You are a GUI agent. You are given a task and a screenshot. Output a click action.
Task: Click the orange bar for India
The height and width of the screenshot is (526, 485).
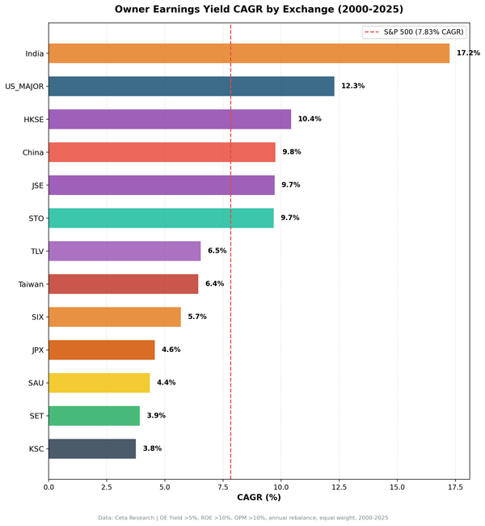pyautogui.click(x=249, y=53)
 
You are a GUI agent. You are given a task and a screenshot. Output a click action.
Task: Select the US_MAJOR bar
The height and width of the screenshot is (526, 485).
pyautogui.click(x=192, y=87)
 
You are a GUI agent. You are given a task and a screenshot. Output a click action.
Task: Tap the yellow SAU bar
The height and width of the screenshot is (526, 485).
pyautogui.click(x=99, y=383)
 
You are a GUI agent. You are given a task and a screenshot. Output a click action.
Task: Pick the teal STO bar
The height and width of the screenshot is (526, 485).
pyautogui.click(x=161, y=218)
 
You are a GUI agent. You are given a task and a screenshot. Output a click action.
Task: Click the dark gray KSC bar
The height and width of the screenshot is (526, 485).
pyautogui.click(x=92, y=448)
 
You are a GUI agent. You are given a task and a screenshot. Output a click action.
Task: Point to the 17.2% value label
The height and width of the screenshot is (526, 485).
pyautogui.click(x=468, y=53)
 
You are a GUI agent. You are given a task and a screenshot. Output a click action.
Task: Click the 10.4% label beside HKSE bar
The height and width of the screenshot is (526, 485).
pyautogui.click(x=310, y=119)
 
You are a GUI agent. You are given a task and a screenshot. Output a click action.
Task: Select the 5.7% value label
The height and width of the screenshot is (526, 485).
pyautogui.click(x=197, y=316)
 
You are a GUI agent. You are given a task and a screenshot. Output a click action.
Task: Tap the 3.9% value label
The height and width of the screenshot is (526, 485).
pyautogui.click(x=156, y=415)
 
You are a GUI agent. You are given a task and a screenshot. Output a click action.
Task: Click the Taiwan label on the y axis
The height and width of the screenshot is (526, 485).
pyautogui.click(x=31, y=284)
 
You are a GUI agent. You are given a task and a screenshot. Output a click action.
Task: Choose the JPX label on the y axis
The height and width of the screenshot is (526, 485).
pyautogui.click(x=36, y=350)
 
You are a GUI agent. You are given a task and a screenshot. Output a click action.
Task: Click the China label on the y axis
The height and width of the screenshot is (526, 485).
pyautogui.click(x=33, y=152)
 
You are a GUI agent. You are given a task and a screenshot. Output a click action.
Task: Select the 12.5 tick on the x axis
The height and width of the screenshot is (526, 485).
pyautogui.click(x=339, y=487)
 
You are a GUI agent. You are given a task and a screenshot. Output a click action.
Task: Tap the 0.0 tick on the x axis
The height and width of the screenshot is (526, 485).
pyautogui.click(x=48, y=487)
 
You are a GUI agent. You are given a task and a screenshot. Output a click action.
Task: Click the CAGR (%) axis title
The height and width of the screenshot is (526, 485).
pyautogui.click(x=259, y=498)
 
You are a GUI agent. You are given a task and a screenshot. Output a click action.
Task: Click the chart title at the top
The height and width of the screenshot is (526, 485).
pyautogui.click(x=259, y=10)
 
